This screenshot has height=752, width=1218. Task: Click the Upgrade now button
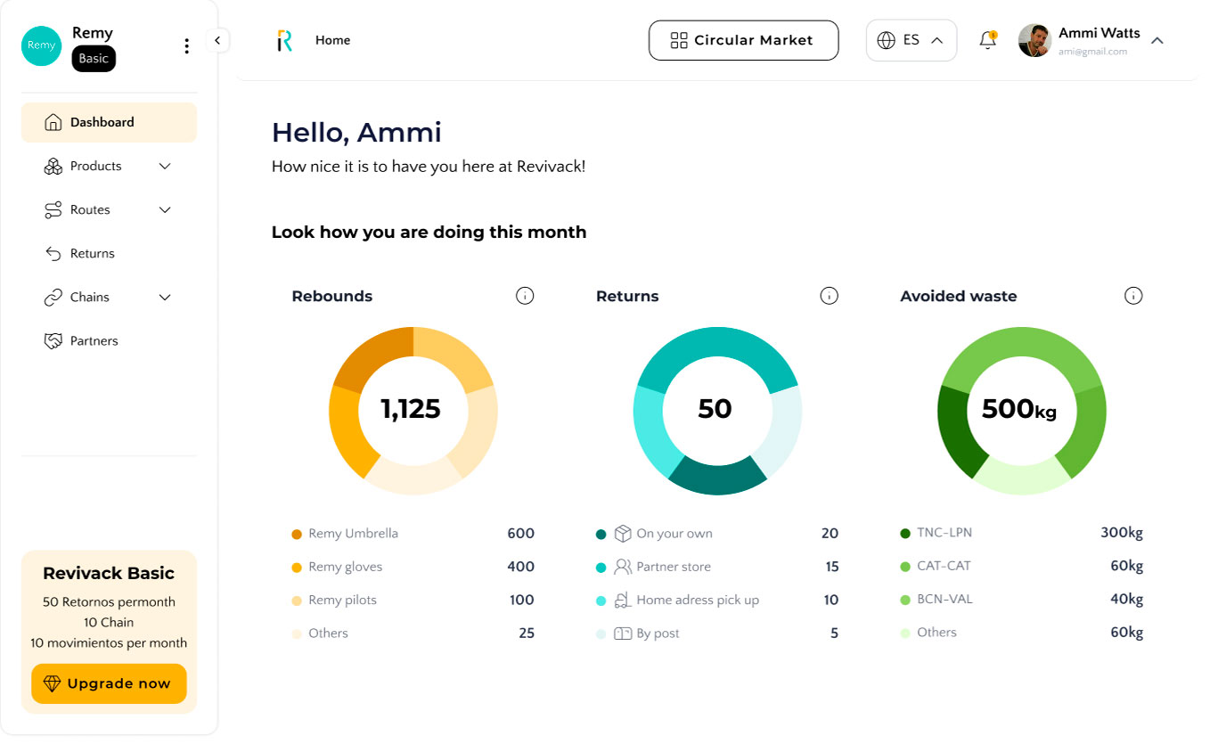[x=109, y=683]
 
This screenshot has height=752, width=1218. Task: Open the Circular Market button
[x=743, y=40]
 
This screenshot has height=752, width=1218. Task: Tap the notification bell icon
[x=988, y=40]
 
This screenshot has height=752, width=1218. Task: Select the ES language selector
[x=911, y=40]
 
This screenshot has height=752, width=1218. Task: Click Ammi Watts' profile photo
[x=1034, y=40]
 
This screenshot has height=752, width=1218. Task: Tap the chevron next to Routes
[x=165, y=210]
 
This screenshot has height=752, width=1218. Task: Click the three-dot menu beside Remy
[x=186, y=45]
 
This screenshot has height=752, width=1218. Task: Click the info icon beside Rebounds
[x=525, y=296]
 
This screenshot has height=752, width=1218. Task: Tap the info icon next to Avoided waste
[x=1133, y=296]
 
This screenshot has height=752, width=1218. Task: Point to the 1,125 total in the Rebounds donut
[x=411, y=409]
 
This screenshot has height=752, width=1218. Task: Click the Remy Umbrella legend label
[x=354, y=534]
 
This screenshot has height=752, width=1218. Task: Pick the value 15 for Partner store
[x=832, y=567]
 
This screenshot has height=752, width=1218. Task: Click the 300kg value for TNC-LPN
[x=1122, y=532]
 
